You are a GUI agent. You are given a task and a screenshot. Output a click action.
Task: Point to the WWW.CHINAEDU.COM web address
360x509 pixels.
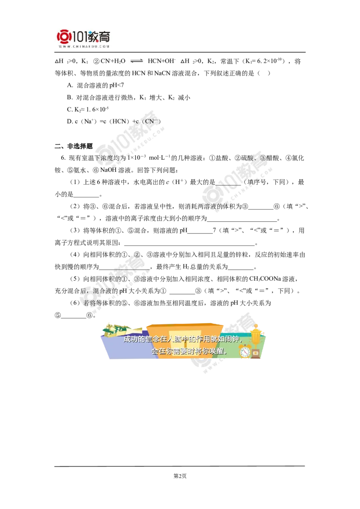coord(84,46)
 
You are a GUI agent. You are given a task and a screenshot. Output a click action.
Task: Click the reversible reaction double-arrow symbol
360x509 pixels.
coord(137,61)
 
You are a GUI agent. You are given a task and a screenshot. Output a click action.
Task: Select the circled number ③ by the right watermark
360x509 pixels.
coord(263,158)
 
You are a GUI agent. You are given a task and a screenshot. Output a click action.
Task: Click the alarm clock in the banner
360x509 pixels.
coord(245,351)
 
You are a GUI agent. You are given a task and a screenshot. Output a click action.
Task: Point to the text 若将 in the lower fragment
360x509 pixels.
coord(89,303)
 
